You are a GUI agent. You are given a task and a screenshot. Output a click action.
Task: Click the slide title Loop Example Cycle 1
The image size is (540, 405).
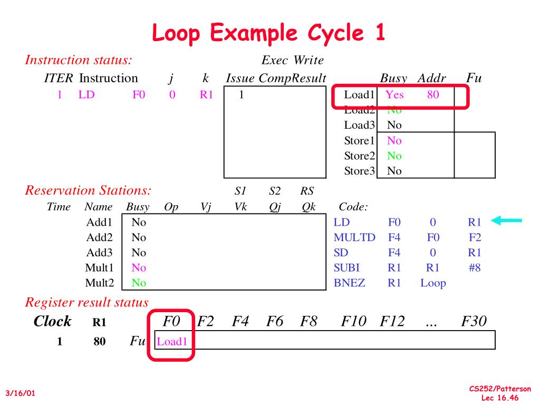(x=269, y=33)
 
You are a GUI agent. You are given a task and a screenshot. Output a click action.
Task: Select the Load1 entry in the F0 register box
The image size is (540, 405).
(x=172, y=341)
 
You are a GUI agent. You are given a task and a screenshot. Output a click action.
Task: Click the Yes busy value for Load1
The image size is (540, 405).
(x=394, y=95)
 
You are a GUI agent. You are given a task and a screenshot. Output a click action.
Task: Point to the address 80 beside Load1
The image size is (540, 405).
(x=432, y=95)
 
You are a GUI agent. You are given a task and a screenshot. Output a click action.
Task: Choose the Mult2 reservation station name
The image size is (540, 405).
(x=100, y=283)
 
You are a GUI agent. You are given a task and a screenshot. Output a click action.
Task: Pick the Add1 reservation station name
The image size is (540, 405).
(x=100, y=222)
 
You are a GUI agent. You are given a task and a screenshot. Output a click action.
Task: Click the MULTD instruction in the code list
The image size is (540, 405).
(x=354, y=237)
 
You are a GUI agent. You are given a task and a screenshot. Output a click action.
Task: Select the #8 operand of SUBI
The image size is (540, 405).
(x=475, y=267)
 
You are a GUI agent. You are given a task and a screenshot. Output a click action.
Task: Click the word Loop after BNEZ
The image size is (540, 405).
(x=433, y=283)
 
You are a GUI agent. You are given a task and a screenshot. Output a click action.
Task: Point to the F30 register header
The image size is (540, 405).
(x=474, y=321)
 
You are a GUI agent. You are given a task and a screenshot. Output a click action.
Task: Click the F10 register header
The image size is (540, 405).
(x=353, y=321)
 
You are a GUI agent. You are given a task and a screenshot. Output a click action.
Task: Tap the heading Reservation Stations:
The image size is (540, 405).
(x=89, y=190)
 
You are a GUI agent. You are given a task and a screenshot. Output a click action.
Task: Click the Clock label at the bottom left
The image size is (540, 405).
(x=52, y=321)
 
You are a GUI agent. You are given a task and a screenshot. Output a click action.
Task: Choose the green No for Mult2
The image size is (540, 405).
(x=139, y=283)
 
